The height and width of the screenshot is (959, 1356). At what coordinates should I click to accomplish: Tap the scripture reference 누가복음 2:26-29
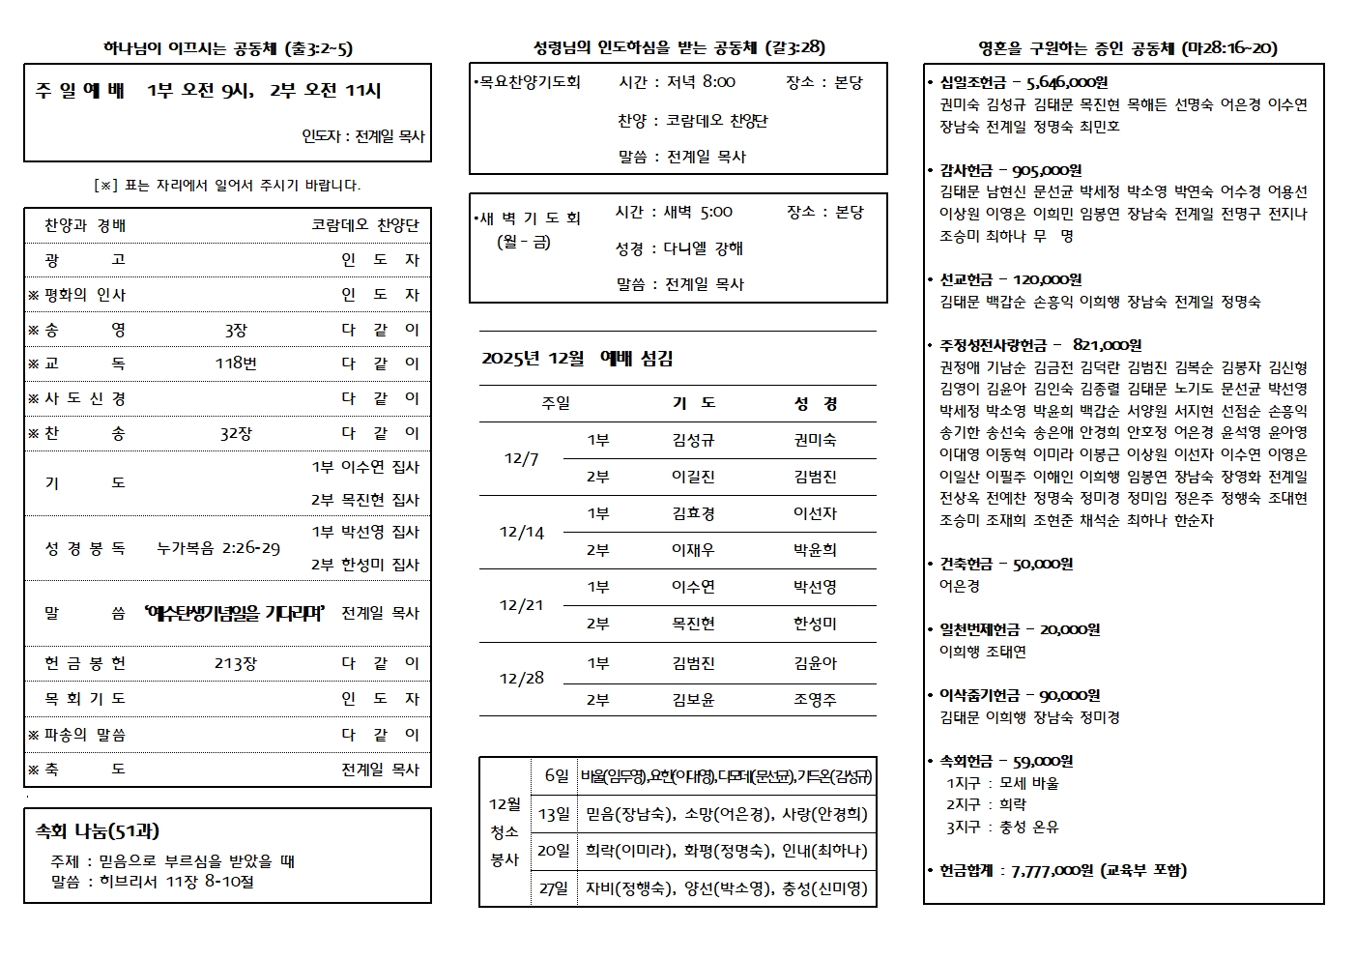point(218,548)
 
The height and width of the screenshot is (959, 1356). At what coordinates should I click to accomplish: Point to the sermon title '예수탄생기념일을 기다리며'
point(233,613)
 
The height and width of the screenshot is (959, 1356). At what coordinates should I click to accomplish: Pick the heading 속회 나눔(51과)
point(98,830)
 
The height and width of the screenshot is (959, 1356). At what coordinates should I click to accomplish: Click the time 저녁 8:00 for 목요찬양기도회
point(701,82)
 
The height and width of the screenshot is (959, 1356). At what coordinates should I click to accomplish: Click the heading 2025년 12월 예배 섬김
point(577,359)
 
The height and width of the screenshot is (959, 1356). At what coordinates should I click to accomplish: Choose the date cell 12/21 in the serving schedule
point(521,605)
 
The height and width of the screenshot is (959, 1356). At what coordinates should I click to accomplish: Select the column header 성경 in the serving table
point(816,403)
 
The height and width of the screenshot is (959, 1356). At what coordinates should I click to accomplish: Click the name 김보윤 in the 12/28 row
point(693,700)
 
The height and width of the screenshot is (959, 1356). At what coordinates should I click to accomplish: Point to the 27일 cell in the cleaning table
point(554,888)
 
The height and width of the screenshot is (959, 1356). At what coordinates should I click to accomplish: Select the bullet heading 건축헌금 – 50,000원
point(1006,564)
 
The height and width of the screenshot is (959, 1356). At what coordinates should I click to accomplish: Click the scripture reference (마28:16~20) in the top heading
point(1229,48)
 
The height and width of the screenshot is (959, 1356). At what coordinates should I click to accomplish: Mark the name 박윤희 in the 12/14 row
point(815,550)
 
